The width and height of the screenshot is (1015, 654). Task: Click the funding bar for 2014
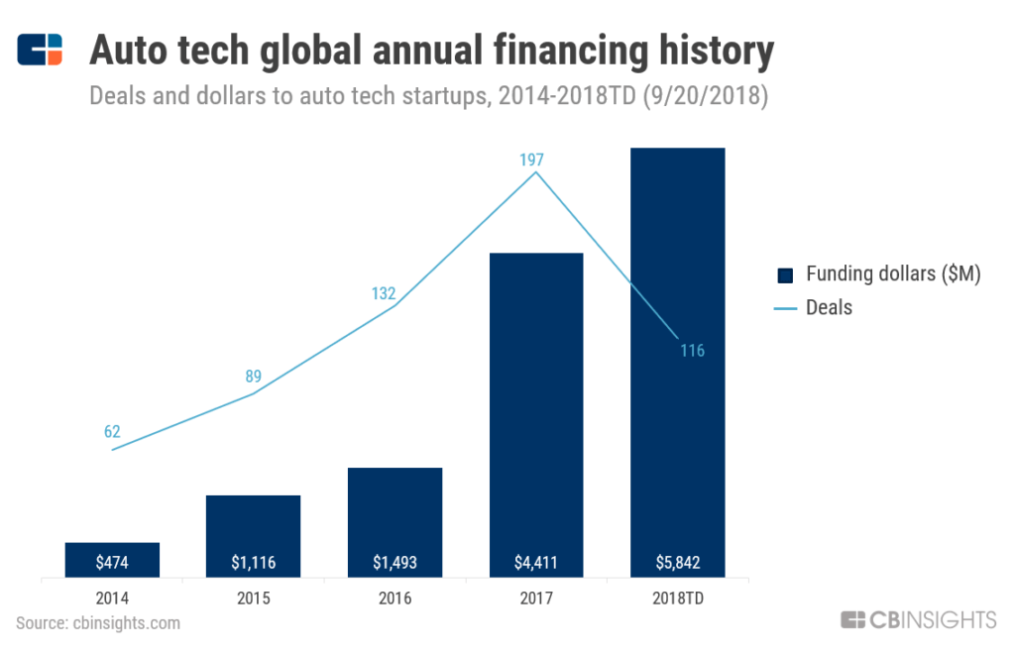(x=112, y=559)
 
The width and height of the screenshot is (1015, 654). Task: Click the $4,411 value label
(x=536, y=563)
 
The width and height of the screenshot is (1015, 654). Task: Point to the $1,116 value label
(x=253, y=563)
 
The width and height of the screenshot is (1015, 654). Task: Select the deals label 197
(x=531, y=160)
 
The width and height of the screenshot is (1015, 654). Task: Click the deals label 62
(x=112, y=431)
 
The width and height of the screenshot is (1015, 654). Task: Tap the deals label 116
(x=691, y=351)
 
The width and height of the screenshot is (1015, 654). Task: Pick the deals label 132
(x=384, y=293)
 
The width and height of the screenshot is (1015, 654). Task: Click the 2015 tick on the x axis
(x=253, y=599)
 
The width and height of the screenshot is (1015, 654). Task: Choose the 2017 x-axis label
(x=536, y=599)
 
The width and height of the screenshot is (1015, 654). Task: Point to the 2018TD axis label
(x=678, y=599)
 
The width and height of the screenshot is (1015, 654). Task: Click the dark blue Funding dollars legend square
(x=787, y=275)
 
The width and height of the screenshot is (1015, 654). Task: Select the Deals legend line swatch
(x=786, y=308)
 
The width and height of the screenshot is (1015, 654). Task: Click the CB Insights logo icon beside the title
(x=41, y=50)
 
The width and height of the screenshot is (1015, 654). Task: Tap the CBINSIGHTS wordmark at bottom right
(x=919, y=621)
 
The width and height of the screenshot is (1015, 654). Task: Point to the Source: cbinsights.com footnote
(x=98, y=623)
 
